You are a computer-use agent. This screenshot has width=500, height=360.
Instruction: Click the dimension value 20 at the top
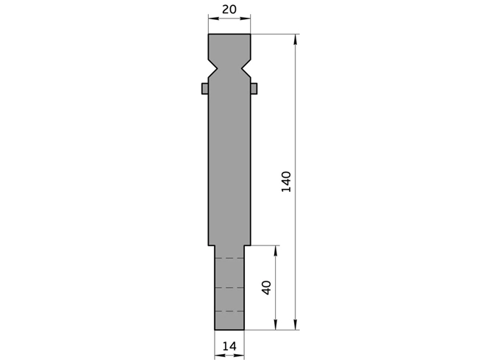229,9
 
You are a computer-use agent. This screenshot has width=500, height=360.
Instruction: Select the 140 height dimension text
287,181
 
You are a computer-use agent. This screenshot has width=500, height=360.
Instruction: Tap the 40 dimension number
266,287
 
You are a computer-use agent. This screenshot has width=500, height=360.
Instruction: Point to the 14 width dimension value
229,346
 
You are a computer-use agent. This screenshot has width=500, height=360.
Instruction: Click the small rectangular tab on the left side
205,88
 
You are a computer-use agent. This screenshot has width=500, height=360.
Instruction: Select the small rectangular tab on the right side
254,88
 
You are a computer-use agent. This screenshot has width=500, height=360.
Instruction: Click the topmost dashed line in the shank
229,259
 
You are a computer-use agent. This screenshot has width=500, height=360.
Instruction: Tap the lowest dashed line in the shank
229,312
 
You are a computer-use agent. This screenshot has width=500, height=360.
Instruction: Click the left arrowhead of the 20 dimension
212,16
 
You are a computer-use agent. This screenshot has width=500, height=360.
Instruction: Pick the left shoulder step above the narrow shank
212,245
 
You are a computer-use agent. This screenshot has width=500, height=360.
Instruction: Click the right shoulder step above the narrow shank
247,245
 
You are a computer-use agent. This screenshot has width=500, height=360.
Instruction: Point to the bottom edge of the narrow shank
229,330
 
